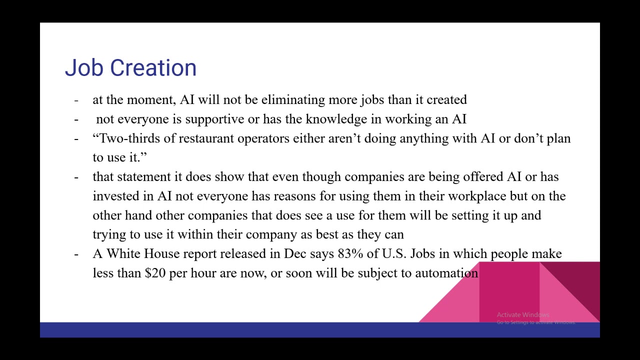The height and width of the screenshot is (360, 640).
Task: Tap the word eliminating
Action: point(293,99)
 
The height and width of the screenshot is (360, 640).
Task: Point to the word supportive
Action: point(215,119)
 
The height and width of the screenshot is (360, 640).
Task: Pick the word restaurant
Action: point(206,138)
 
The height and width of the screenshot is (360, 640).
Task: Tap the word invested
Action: point(123,196)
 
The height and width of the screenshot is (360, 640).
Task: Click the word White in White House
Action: point(123,253)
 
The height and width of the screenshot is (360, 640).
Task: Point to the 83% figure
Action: point(350,253)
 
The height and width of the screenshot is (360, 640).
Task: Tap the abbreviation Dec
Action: point(295,253)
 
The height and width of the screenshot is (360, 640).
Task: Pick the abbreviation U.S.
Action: point(394,253)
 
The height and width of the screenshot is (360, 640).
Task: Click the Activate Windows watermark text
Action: point(523,315)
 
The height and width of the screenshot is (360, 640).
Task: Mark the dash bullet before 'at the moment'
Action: point(76,100)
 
